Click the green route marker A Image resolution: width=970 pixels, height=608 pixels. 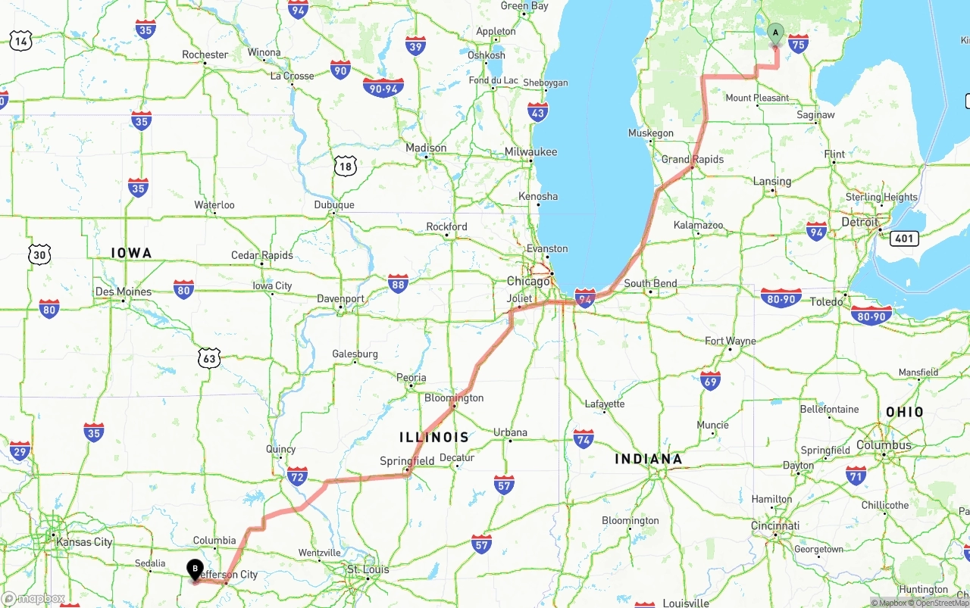coord(775,33)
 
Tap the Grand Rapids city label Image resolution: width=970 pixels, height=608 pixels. coord(693,159)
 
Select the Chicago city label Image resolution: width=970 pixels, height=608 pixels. coord(528,281)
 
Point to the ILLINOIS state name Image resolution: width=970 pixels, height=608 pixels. coord(434,437)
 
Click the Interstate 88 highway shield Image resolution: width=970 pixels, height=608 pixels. coord(398,282)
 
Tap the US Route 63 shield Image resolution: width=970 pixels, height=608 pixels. coord(210,358)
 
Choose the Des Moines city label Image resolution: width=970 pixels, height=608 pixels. coord(124,292)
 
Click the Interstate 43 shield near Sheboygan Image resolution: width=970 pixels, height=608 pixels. coord(538,112)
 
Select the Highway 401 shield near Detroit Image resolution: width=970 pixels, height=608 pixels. coord(906,239)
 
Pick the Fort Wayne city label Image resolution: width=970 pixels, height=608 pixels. coord(731,341)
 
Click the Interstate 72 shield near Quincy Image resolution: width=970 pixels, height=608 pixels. coord(297,475)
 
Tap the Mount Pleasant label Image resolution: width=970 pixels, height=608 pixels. coord(757,98)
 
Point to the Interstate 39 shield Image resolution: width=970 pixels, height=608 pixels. coord(415,45)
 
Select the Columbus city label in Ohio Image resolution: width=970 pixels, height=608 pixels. coord(884,445)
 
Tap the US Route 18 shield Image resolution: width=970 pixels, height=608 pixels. coord(345,166)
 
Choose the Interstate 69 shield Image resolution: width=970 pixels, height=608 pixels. coord(710,380)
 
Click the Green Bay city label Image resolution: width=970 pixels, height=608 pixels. coord(524,6)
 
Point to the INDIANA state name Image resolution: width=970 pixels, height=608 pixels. coord(648,459)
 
